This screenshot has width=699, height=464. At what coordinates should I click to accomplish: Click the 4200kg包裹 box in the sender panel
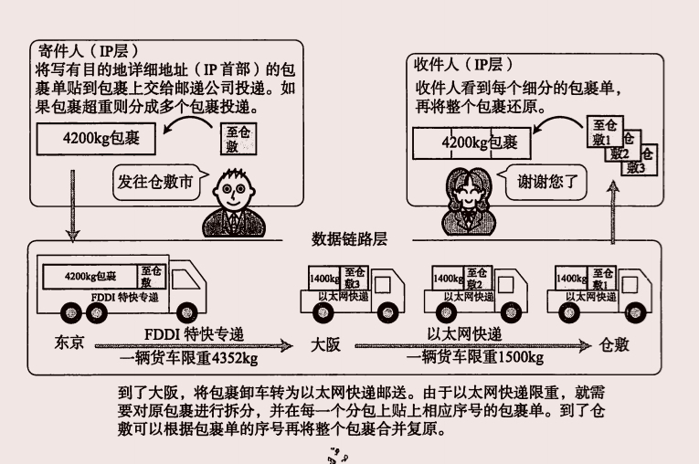click(96, 142)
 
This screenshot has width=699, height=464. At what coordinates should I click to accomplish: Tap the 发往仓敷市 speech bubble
click(155, 181)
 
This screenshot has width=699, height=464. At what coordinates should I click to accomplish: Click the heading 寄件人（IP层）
click(96, 49)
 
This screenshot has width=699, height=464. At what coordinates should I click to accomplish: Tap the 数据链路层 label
click(350, 239)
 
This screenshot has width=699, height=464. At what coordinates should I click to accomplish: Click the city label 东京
click(69, 343)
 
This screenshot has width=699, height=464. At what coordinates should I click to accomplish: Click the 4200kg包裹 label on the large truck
click(90, 275)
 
